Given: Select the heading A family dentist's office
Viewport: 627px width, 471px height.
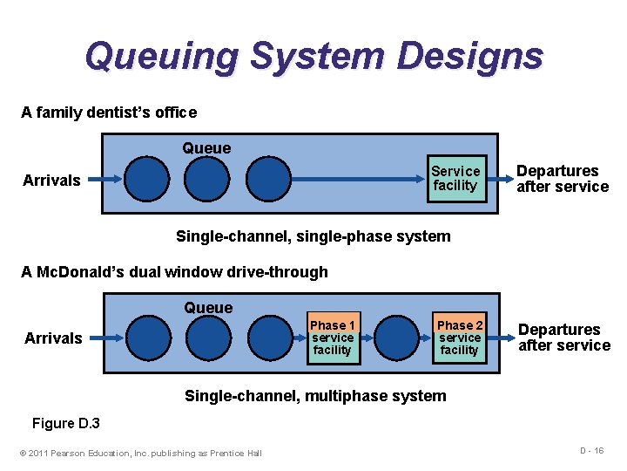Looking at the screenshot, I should tap(109, 113).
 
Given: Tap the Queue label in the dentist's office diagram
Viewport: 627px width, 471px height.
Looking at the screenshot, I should tap(206, 148).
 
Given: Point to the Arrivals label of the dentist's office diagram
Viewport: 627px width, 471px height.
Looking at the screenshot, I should tap(51, 181).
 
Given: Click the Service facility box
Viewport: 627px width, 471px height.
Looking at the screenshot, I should tap(455, 178).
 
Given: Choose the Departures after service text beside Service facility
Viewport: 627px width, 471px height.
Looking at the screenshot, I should tap(562, 179).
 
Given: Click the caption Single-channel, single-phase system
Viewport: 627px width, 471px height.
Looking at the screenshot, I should tap(313, 236).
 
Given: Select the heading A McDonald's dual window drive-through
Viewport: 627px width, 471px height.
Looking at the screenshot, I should tap(174, 272).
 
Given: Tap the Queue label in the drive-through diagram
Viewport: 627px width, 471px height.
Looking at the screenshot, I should tap(208, 308).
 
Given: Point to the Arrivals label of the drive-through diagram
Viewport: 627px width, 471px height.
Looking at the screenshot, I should tap(53, 338).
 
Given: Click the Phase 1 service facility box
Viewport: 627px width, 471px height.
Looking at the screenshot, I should tap(332, 338).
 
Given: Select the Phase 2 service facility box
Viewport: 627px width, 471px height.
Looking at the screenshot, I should tap(459, 338).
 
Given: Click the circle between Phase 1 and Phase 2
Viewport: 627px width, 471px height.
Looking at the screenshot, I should tap(396, 338).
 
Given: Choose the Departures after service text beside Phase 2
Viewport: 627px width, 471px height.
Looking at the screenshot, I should tap(563, 338).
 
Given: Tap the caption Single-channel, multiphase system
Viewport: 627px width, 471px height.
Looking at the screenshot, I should tap(314, 396).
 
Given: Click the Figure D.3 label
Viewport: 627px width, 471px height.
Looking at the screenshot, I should tap(66, 424).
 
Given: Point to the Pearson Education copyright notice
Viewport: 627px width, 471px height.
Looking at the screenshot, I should tap(140, 452).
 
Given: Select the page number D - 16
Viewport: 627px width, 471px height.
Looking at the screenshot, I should tap(591, 450).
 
